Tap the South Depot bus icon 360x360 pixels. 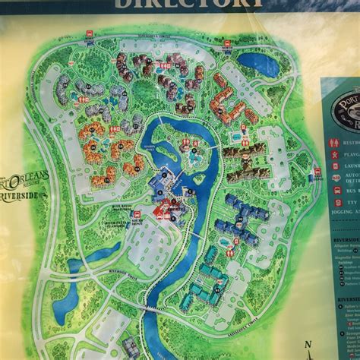137,219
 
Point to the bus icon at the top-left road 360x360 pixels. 90,35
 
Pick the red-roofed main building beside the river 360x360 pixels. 163,209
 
